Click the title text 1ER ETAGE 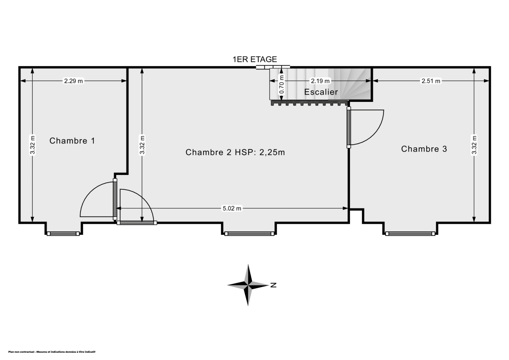pyautogui.click(x=255, y=59)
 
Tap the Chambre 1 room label pyautogui.click(x=72, y=141)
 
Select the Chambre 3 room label pyautogui.click(x=424, y=149)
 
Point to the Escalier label pyautogui.click(x=321, y=92)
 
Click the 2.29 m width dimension pyautogui.click(x=73, y=81)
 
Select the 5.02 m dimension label pyautogui.click(x=232, y=208)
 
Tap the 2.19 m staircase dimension pyautogui.click(x=320, y=81)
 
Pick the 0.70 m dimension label pyautogui.click(x=281, y=87)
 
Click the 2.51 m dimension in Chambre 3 pyautogui.click(x=431, y=81)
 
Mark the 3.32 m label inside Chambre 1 pyautogui.click(x=33, y=145)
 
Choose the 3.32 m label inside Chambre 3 pyautogui.click(x=474, y=145)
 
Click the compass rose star pyautogui.click(x=249, y=285)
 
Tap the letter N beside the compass pyautogui.click(x=274, y=285)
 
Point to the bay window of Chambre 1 pyautogui.click(x=63, y=233)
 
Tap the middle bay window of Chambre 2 pyautogui.click(x=249, y=233)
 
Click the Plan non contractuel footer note pyautogui.click(x=52, y=352)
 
